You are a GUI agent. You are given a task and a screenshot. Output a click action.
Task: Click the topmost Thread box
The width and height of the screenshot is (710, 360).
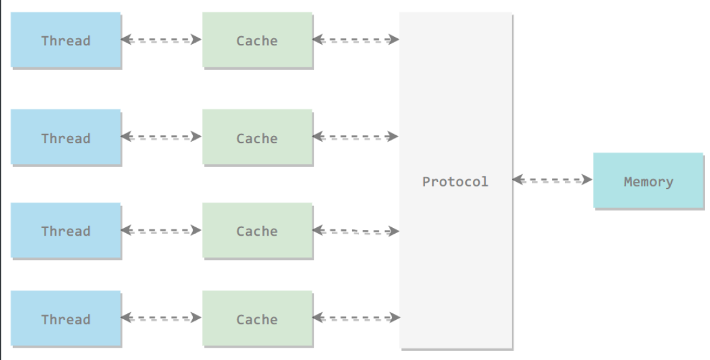[66, 40]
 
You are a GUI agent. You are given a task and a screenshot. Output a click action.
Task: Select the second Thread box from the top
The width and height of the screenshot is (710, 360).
[66, 137]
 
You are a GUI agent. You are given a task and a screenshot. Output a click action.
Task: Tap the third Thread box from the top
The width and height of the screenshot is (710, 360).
[66, 231]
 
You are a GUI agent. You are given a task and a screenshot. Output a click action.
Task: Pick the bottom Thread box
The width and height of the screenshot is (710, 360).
[66, 319]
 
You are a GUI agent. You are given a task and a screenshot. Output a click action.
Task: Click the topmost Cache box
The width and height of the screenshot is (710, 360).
[257, 40]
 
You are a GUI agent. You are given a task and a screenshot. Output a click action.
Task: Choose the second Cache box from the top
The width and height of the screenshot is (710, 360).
[257, 137]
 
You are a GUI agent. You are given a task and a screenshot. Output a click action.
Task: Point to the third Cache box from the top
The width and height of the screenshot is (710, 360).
[257, 231]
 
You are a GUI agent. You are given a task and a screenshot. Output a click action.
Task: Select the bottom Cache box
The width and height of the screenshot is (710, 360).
[257, 319]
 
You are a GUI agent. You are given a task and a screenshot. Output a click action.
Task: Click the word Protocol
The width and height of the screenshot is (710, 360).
[455, 181]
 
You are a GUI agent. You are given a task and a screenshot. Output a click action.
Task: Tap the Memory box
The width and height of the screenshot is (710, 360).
[649, 181]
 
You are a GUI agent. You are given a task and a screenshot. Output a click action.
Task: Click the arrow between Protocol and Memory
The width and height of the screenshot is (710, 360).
[553, 180]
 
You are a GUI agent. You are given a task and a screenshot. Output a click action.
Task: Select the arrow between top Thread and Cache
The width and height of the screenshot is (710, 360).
[161, 39]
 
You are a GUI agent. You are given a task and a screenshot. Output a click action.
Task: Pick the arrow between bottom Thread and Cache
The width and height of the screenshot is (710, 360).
[161, 317]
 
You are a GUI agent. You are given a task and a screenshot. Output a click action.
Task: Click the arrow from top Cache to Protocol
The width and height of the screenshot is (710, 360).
[356, 39]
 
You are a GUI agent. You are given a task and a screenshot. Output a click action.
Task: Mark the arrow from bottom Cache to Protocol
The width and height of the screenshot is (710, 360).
[356, 317]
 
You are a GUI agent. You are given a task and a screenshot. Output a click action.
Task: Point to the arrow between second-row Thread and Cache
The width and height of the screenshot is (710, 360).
[161, 137]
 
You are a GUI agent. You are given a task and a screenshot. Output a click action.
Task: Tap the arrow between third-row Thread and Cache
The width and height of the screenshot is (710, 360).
[161, 231]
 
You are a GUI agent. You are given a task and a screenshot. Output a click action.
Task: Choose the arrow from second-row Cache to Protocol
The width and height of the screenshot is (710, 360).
[356, 137]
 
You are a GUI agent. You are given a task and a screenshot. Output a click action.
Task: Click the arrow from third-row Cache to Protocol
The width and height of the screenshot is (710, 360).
[356, 231]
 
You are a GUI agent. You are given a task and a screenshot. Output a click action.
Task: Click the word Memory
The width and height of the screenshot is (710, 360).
[649, 182]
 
